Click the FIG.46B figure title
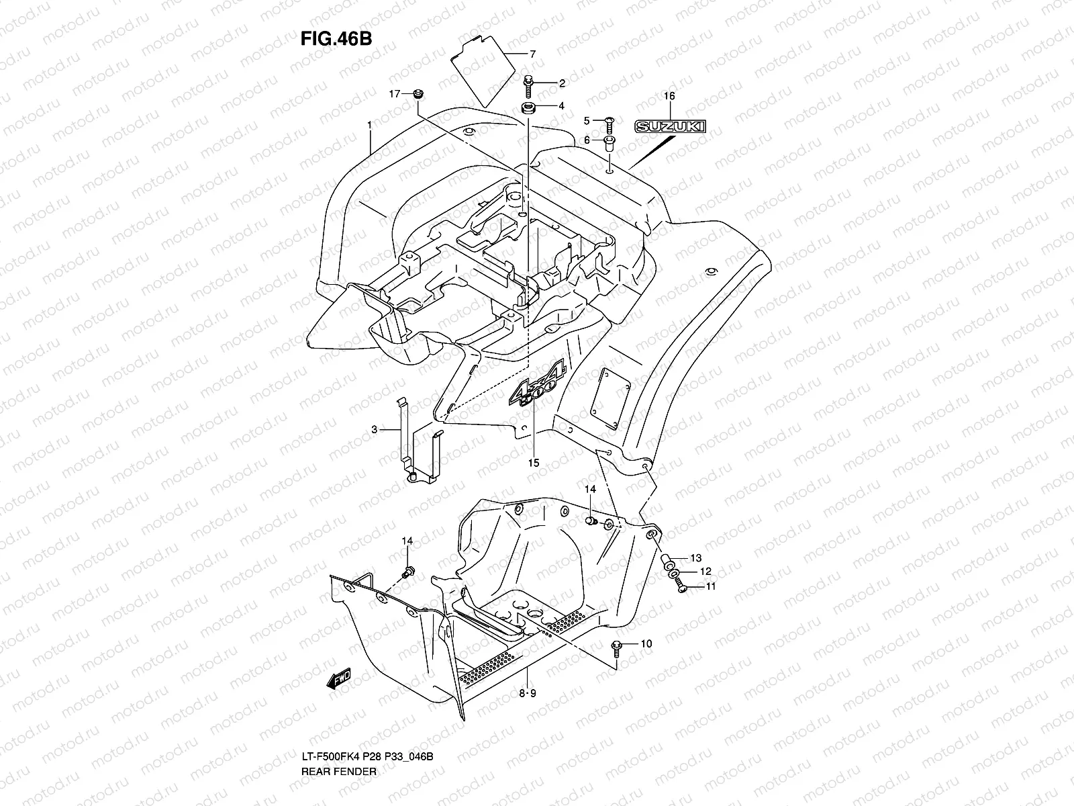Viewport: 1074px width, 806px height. tap(336, 38)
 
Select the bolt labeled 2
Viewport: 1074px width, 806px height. tap(528, 83)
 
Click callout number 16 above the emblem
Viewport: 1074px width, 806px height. tap(669, 96)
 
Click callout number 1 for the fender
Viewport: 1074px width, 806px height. tap(369, 124)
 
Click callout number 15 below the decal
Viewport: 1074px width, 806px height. tap(534, 463)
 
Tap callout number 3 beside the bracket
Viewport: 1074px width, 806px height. tap(375, 429)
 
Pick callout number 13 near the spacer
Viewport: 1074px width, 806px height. tap(695, 558)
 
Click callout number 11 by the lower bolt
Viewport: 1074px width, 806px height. tap(711, 586)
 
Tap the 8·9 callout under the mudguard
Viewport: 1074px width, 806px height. tap(528, 694)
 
